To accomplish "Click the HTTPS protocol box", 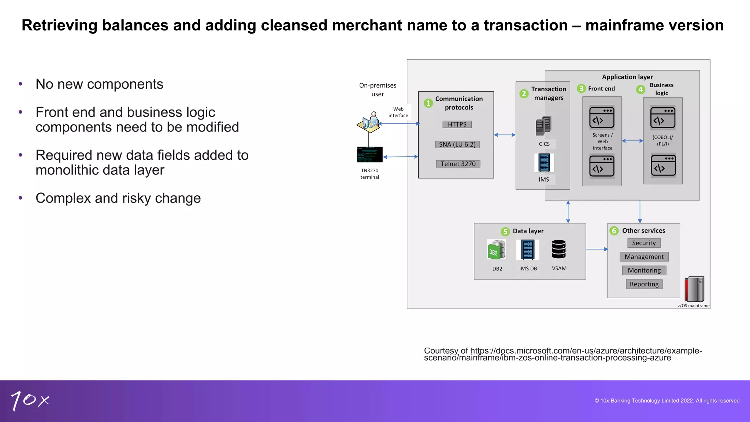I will click(x=457, y=125).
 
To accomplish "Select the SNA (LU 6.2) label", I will click(x=457, y=144).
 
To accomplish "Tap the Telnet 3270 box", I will click(x=458, y=164).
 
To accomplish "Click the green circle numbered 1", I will click(x=428, y=103).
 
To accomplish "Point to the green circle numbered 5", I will click(x=505, y=232).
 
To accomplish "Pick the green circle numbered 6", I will click(x=614, y=231).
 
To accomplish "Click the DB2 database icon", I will click(x=497, y=249).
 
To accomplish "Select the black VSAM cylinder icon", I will click(x=559, y=249).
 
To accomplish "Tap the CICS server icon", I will click(x=544, y=126).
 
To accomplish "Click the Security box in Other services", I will click(x=644, y=243).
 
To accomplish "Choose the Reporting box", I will click(x=644, y=284).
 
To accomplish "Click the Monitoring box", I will click(x=644, y=270).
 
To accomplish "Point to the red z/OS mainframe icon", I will click(x=694, y=289).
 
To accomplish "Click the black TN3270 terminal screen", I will click(x=370, y=155).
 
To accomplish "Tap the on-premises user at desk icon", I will click(x=369, y=123).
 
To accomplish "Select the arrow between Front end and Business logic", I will click(x=632, y=141).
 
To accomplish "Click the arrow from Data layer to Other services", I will click(x=597, y=249).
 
